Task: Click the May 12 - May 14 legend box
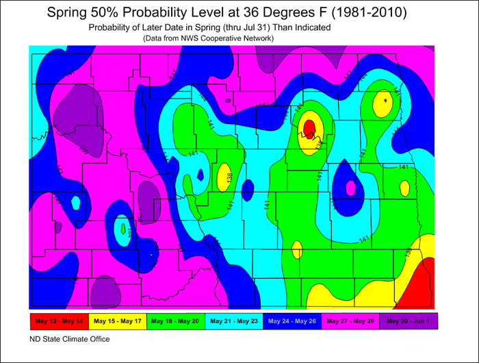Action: (x=57, y=321)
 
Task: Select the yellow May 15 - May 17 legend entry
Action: (x=116, y=321)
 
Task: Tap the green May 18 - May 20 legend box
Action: (x=175, y=321)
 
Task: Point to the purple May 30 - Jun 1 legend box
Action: (x=409, y=321)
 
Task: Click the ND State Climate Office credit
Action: (x=68, y=338)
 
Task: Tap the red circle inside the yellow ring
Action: (x=309, y=127)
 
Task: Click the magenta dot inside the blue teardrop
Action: (x=350, y=187)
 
